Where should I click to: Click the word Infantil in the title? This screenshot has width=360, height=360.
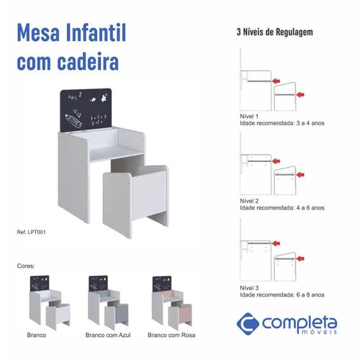pos(96,32)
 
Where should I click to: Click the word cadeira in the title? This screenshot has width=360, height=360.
pos(88,61)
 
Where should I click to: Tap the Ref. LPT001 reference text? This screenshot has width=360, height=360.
pos(31,232)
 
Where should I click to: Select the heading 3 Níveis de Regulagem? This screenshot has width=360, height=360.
pos(275,32)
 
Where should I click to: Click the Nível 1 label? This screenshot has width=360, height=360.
pos(249,117)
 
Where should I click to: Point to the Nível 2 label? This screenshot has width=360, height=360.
pos(249,201)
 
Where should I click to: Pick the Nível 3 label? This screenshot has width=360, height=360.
pos(249,288)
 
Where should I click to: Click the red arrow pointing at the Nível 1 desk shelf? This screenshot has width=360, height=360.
pos(276,81)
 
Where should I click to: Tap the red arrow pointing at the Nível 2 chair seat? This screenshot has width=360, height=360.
pos(300,175)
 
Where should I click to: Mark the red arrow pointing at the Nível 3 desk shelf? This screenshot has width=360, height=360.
pos(276,243)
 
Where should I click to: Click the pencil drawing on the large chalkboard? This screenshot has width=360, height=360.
pos(73,121)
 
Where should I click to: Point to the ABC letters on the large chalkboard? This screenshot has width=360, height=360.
pos(73,97)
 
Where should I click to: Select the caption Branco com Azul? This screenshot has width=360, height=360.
pos(108,335)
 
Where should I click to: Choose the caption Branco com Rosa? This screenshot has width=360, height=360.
pos(171,335)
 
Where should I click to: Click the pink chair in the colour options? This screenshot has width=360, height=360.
pos(180,315)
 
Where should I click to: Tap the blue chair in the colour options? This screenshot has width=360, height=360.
pos(117,315)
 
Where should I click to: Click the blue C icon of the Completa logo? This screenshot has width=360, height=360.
pos(248,323)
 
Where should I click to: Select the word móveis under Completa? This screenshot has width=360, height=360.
pos(319,332)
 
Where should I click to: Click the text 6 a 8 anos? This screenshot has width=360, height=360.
pos(310,294)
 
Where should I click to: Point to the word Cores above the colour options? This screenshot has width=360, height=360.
pos(26,266)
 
